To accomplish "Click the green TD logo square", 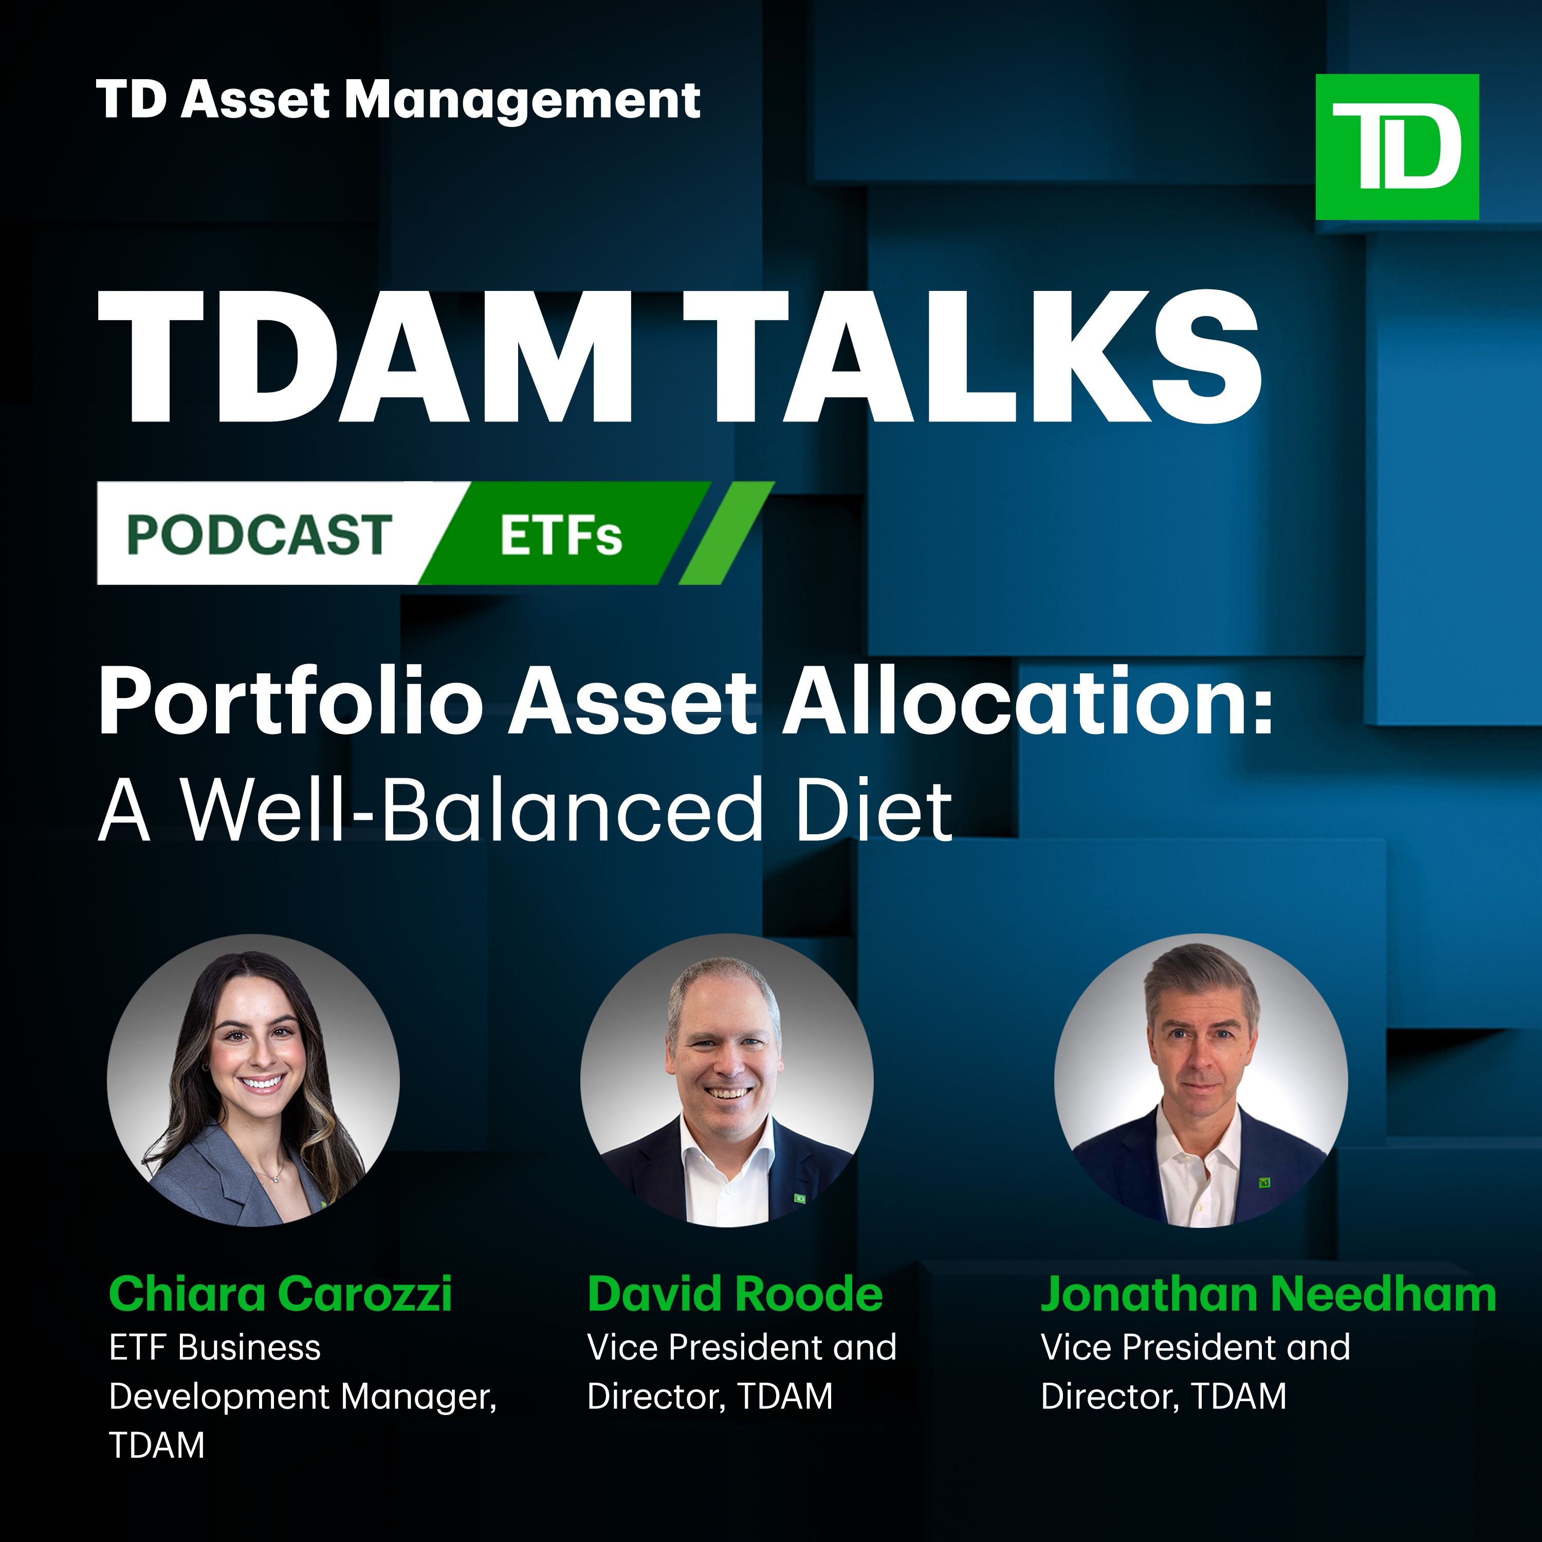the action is [x=1397, y=147].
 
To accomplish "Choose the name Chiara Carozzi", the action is [x=280, y=1294].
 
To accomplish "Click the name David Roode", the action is [x=735, y=1294].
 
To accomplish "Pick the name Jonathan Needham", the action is [x=1268, y=1294].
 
